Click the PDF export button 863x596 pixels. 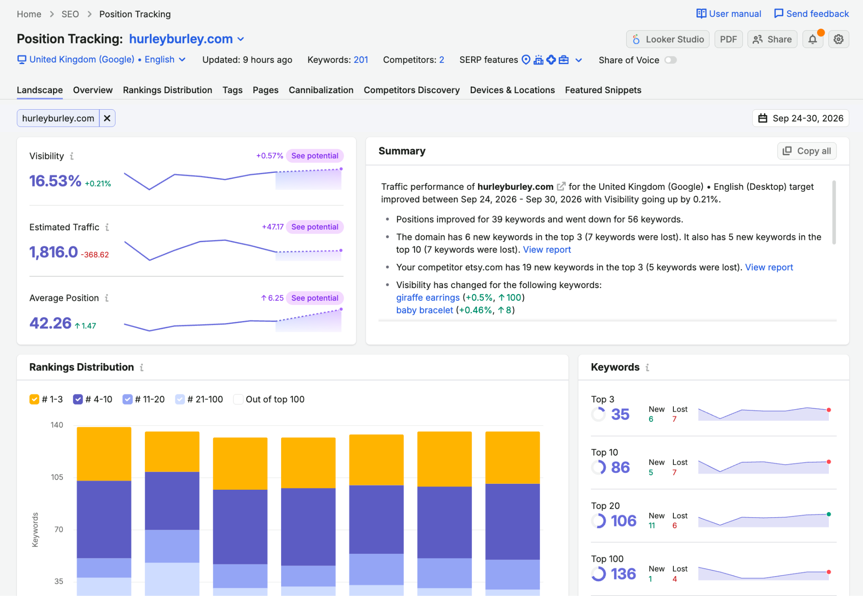(728, 39)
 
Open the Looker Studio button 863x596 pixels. (667, 39)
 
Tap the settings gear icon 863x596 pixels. (839, 39)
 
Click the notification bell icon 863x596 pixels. (813, 39)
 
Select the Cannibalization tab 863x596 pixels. (321, 90)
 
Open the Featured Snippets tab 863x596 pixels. (603, 90)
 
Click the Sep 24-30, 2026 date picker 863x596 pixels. (801, 118)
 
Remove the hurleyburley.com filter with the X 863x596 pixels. (107, 118)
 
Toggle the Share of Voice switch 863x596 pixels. (670, 60)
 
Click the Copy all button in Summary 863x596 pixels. (807, 151)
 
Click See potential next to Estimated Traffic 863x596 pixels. (315, 227)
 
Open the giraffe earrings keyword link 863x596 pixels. (428, 297)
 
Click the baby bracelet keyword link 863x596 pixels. (424, 310)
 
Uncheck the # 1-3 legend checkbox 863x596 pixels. (34, 399)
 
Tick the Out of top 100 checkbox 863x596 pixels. (238, 399)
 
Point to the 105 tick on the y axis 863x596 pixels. (57, 477)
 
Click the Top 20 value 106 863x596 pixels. (624, 521)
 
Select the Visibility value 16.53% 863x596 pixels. (55, 181)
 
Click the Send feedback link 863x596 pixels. (812, 14)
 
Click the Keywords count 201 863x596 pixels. (361, 60)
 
